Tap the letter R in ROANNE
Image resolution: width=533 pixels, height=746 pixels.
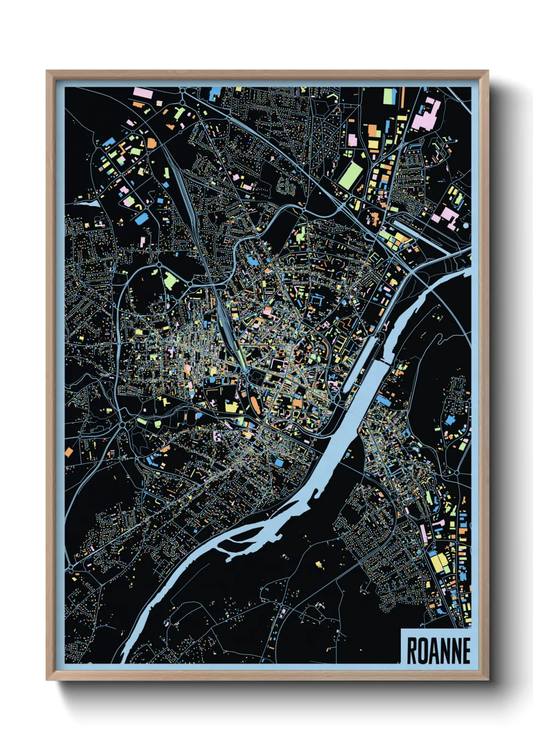[x=412, y=651]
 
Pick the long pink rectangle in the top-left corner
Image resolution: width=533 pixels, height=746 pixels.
[x=143, y=93]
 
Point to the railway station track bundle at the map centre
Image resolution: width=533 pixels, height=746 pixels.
[x=226, y=328]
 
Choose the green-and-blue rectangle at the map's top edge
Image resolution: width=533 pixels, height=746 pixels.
[x=388, y=96]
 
